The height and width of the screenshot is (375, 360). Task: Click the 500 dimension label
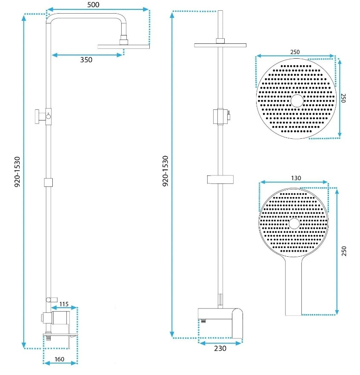click(93, 5)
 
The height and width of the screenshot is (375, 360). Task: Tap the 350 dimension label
click(86, 60)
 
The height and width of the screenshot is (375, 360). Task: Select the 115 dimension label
click(64, 304)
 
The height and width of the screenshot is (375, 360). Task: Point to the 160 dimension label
click(59, 359)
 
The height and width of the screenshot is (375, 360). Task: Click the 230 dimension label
click(220, 348)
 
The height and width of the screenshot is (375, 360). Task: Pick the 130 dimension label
click(296, 178)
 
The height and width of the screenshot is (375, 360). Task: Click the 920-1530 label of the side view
click(17, 172)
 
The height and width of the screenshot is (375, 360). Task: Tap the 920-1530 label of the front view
click(165, 171)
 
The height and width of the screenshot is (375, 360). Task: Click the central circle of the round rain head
click(297, 101)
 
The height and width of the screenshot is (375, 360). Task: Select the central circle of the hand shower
click(294, 223)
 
